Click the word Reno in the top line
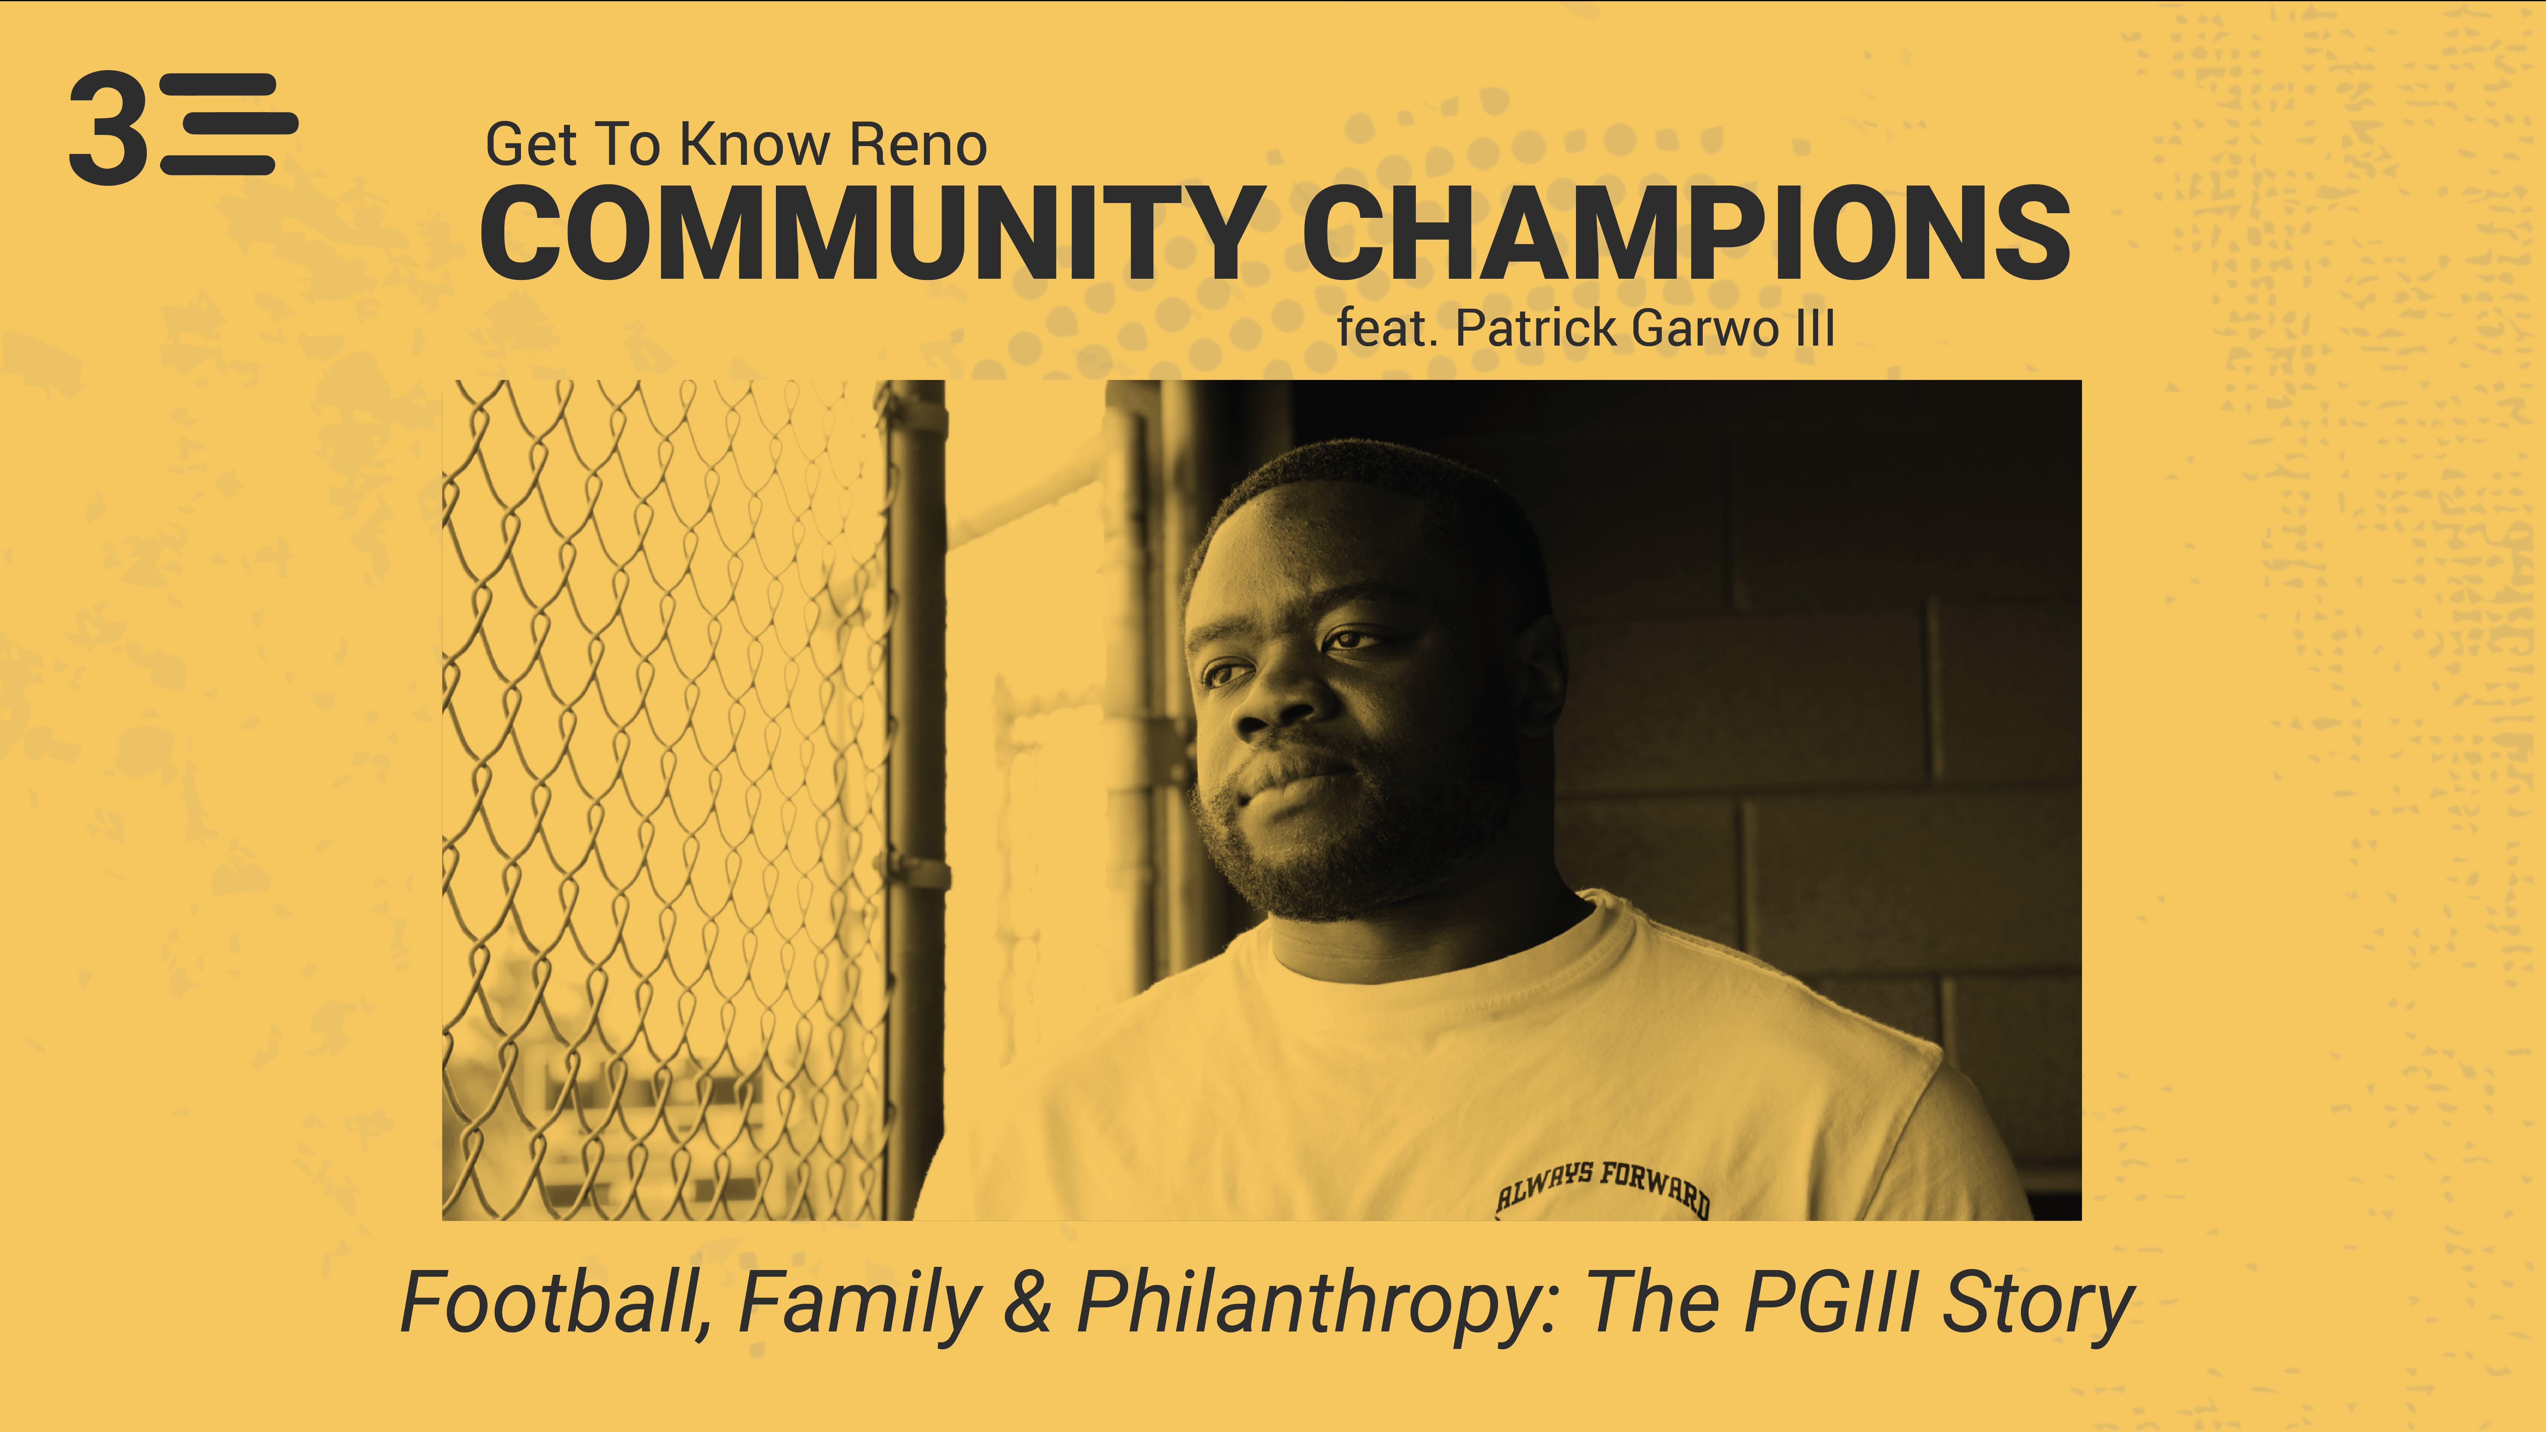pos(918,145)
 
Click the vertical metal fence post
pos(914,801)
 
